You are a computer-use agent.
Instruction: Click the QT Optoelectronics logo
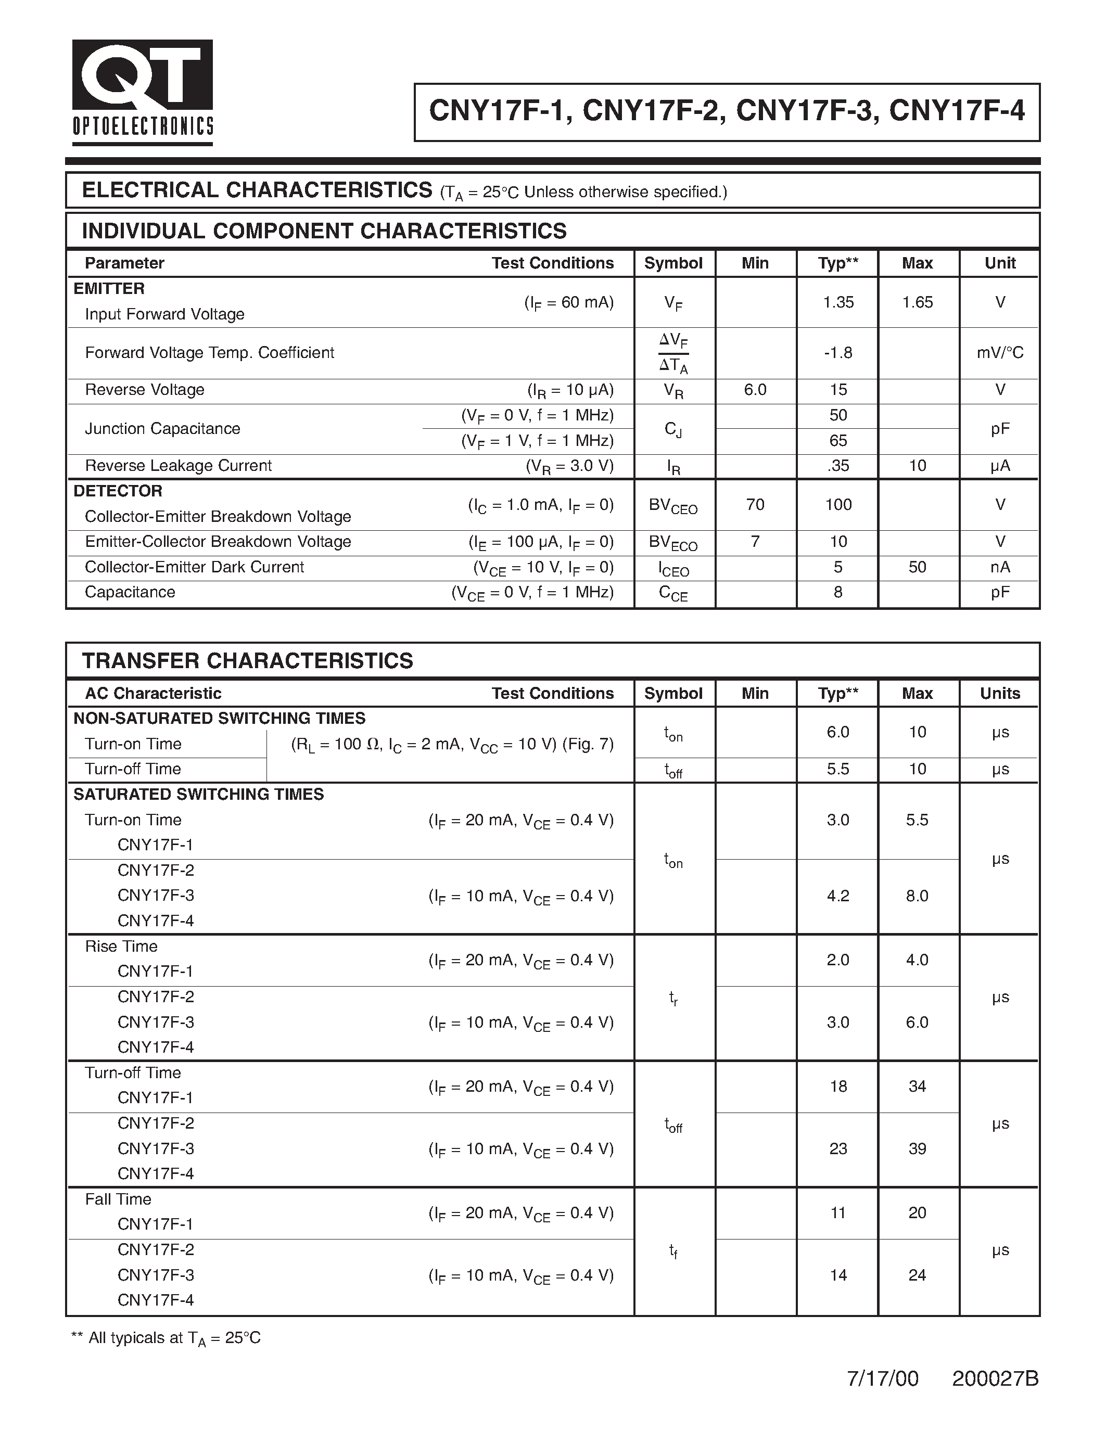click(x=142, y=92)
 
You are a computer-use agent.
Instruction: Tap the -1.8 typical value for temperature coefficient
click(x=838, y=352)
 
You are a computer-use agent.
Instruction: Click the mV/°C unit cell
click(x=999, y=352)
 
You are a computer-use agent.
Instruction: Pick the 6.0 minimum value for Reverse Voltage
click(x=755, y=390)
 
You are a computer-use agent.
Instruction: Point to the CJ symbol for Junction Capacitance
click(x=673, y=429)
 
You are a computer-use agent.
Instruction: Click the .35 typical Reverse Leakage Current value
click(x=838, y=466)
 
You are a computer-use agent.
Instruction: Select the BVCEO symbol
click(x=673, y=506)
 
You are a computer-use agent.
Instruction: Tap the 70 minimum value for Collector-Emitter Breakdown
click(x=755, y=505)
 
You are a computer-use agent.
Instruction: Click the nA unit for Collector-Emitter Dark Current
click(x=999, y=567)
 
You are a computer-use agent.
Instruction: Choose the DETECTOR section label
click(x=118, y=491)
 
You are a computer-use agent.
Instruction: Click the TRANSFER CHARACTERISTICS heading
click(x=248, y=660)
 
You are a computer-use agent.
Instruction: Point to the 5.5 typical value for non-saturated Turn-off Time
click(x=838, y=769)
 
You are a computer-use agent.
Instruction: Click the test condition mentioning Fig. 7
click(x=452, y=744)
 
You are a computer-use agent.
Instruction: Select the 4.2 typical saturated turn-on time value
click(x=838, y=896)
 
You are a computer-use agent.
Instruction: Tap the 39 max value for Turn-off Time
click(x=917, y=1148)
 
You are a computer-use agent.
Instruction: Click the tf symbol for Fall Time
click(x=673, y=1251)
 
